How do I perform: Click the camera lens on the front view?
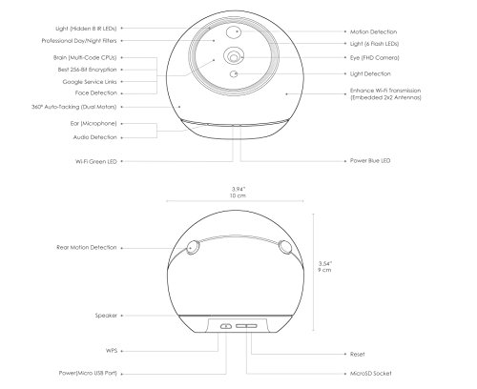point(232,58)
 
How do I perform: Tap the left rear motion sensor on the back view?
point(193,247)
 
